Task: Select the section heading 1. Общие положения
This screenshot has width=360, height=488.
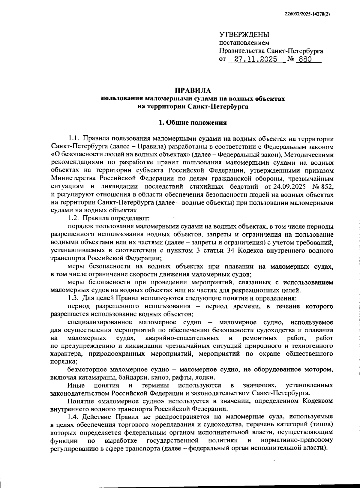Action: tap(193, 122)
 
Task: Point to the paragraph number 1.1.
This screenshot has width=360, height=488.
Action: tap(73, 139)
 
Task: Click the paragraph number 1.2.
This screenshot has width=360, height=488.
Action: tap(73, 218)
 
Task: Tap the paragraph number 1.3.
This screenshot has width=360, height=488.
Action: tap(73, 298)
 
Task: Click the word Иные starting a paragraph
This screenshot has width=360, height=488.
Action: tap(76, 385)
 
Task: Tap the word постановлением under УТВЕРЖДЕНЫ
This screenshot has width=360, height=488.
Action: tap(244, 43)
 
